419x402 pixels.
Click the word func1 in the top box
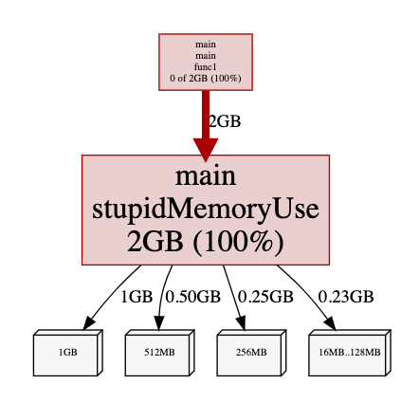tap(206, 67)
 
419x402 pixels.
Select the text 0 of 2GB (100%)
tap(206, 78)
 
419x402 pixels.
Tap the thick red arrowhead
tap(206, 150)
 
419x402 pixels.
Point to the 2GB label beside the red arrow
tap(225, 121)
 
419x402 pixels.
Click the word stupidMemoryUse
tap(206, 210)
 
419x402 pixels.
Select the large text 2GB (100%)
tap(206, 242)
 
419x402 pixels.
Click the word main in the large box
tap(206, 176)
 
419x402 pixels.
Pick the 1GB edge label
tap(137, 297)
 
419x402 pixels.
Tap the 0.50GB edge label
tap(193, 297)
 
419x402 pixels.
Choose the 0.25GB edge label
tap(265, 297)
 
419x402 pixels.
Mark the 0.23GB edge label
tap(346, 297)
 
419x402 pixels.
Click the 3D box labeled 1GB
tap(68, 353)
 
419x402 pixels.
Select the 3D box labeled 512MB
tap(159, 353)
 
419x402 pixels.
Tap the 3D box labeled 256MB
tap(251, 353)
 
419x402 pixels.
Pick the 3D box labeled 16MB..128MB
tap(350, 353)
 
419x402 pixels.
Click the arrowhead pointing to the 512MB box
tap(159, 323)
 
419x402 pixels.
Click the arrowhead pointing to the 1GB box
tap(89, 323)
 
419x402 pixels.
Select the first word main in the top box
tap(206, 45)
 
